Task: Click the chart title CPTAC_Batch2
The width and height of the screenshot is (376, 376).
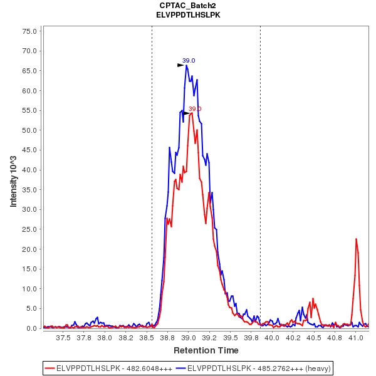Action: pyautogui.click(x=188, y=5)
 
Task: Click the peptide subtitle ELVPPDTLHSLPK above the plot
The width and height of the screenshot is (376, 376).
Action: pyautogui.click(x=188, y=14)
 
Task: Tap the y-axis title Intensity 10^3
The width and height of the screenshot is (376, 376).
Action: pyautogui.click(x=13, y=178)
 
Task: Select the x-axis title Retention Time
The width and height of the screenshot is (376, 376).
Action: pyautogui.click(x=206, y=350)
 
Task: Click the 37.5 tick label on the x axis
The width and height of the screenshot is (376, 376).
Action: pyautogui.click(x=63, y=338)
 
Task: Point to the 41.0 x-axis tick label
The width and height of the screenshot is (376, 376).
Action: pyautogui.click(x=355, y=338)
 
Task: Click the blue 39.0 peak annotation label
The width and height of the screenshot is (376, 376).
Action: pyautogui.click(x=189, y=61)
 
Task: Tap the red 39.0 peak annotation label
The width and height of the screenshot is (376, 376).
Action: pyautogui.click(x=195, y=109)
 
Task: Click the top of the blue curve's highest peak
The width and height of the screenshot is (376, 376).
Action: pyautogui.click(x=187, y=65)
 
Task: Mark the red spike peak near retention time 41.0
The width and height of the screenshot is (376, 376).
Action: pyautogui.click(x=356, y=239)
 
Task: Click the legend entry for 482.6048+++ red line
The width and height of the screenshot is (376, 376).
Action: pyautogui.click(x=109, y=367)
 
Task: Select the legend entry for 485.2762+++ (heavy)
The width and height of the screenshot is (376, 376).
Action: pyautogui.click(x=254, y=367)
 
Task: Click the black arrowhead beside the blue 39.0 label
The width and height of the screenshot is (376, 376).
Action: pyautogui.click(x=180, y=65)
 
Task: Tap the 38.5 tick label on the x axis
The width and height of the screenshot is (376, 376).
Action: pyautogui.click(x=147, y=338)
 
